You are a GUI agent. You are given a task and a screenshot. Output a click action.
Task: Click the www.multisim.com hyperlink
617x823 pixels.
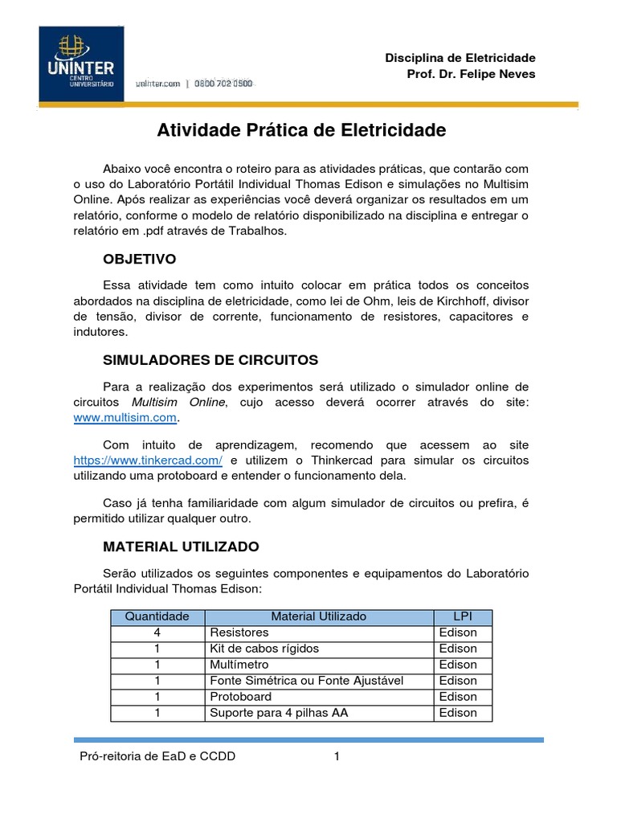(125, 418)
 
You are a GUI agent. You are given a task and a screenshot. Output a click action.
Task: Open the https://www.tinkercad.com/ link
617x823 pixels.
(147, 460)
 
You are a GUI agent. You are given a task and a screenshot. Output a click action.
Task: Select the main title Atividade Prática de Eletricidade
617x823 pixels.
(301, 130)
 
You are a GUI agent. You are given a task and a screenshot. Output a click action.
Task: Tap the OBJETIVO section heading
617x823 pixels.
(139, 260)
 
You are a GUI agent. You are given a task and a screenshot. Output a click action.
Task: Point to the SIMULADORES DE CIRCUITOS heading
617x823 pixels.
(210, 359)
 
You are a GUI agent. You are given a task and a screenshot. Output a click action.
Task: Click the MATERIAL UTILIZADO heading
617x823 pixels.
(181, 547)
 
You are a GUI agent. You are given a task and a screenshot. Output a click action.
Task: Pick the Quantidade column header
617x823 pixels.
(157, 616)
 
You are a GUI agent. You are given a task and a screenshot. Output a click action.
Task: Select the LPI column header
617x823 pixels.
(462, 616)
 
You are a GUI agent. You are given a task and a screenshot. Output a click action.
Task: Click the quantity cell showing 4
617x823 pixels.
(157, 633)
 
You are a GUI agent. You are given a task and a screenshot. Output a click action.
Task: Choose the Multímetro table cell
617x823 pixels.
(239, 665)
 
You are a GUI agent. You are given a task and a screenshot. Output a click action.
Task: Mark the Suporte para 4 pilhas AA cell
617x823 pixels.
(278, 713)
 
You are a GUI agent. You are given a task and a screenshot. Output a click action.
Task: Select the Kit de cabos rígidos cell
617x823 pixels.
(264, 649)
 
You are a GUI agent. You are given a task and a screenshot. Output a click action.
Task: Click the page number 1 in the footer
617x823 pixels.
(337, 756)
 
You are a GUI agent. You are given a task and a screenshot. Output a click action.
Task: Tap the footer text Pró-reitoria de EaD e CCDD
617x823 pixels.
(157, 756)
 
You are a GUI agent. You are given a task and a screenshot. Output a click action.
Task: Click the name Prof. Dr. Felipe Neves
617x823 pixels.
(472, 74)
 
